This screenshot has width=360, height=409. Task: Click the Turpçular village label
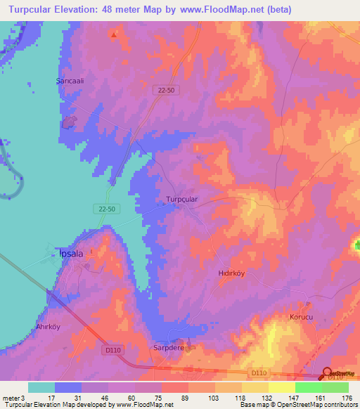tap(182, 200)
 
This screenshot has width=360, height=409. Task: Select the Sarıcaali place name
tap(70, 81)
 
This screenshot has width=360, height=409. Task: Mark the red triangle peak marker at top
tap(115, 33)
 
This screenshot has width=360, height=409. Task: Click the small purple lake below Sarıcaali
tap(69, 123)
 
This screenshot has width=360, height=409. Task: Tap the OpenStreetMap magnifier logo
tap(328, 374)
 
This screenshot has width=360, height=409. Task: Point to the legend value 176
tap(345, 398)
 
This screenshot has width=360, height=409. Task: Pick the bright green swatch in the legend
tap(308, 387)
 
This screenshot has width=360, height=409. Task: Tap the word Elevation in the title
tap(79, 10)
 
